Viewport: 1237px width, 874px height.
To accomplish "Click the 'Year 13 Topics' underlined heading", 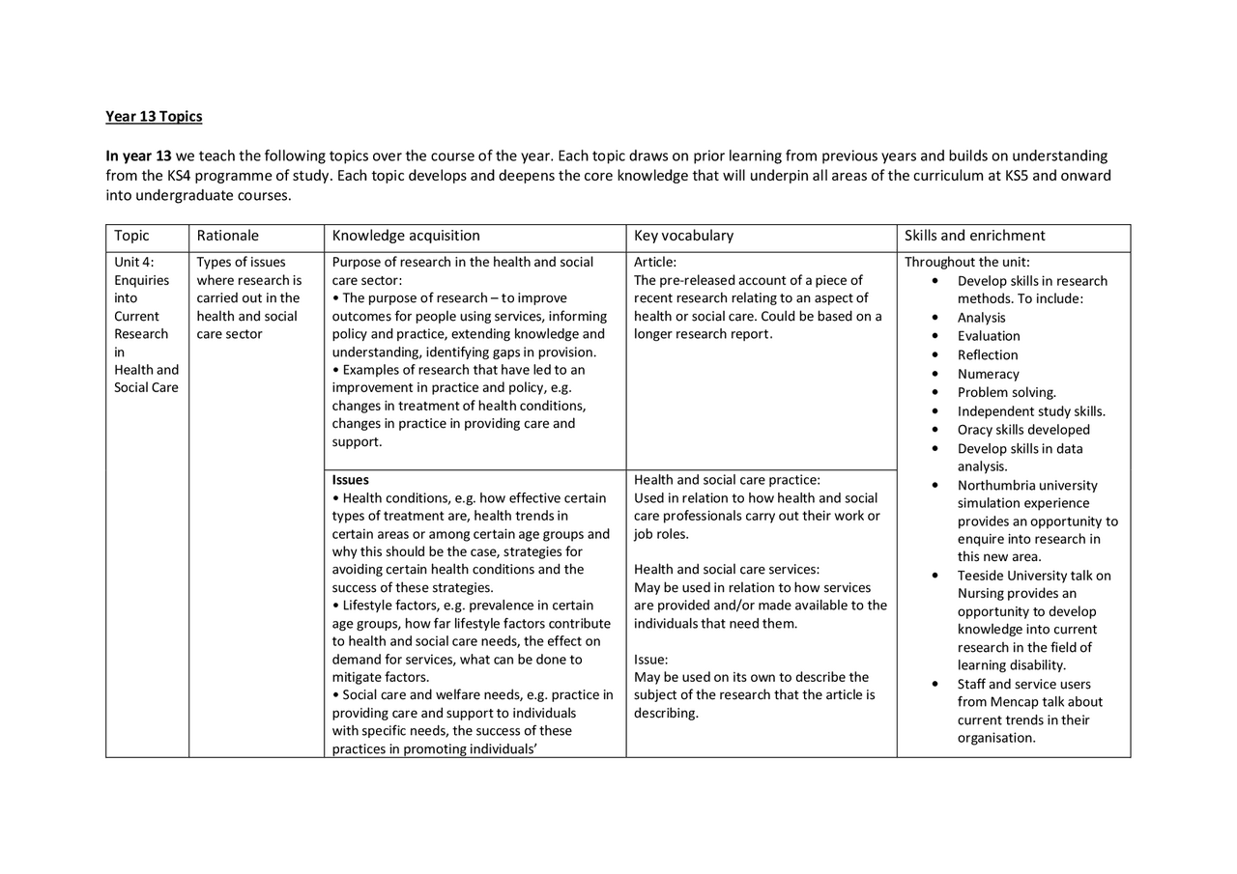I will pos(154,117).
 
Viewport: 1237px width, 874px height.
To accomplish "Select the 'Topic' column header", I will pos(131,236).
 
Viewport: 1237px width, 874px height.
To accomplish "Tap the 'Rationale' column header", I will pos(228,236).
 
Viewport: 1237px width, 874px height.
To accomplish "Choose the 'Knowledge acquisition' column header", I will pos(406,236).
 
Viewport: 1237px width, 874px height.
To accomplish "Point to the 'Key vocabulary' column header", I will pos(683,236).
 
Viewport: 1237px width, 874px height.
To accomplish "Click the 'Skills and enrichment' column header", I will pos(974,236).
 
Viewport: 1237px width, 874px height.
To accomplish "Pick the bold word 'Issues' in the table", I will pos(351,480).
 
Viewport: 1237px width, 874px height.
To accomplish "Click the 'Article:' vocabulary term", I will pos(655,263).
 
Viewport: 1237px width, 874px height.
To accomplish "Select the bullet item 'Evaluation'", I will pos(989,336).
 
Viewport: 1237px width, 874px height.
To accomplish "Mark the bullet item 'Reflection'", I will pos(988,355).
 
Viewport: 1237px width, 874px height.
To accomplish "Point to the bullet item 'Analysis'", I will pos(981,318).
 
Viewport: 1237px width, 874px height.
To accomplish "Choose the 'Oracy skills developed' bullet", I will pos(1023,430).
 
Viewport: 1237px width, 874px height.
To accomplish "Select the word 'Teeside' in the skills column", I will pos(981,576).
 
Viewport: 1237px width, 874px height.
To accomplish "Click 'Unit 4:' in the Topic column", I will pos(134,263).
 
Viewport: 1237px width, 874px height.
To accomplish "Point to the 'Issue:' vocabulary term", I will pos(650,660).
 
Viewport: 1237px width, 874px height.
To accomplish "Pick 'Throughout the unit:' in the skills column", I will pos(966,263).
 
